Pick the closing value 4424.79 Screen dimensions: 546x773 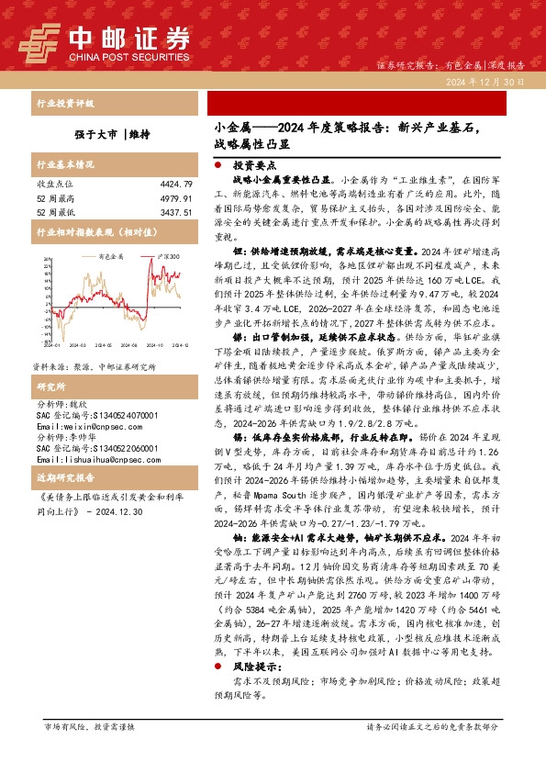tap(174, 185)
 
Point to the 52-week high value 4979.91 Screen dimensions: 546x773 tap(174, 198)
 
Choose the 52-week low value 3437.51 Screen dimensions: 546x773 tap(174, 212)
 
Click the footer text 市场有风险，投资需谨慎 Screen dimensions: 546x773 tap(89, 752)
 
